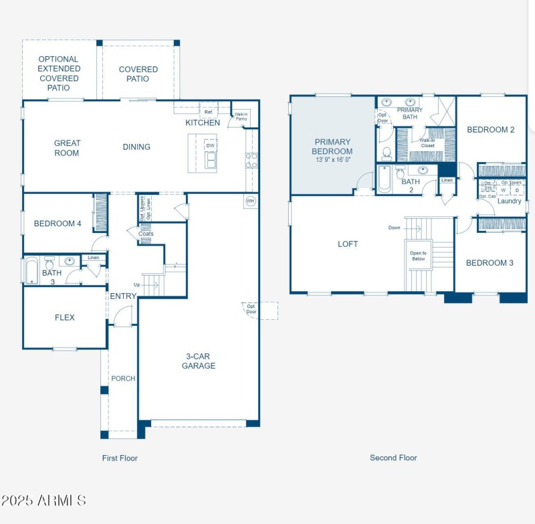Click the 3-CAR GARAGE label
(199, 361)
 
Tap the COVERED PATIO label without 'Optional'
(138, 74)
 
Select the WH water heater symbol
(250, 201)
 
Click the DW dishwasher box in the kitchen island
(210, 145)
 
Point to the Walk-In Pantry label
(241, 116)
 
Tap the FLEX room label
(65, 317)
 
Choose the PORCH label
(123, 379)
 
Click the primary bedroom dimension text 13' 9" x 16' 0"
(332, 160)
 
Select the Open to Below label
(418, 255)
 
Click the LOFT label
(348, 244)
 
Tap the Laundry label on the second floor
(509, 201)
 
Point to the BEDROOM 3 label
(490, 263)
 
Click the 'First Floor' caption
(120, 458)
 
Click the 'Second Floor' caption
(393, 458)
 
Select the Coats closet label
(146, 234)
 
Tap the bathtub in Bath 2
(384, 179)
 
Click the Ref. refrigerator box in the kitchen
(208, 112)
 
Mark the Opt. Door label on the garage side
(251, 309)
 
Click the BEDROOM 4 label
(58, 224)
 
